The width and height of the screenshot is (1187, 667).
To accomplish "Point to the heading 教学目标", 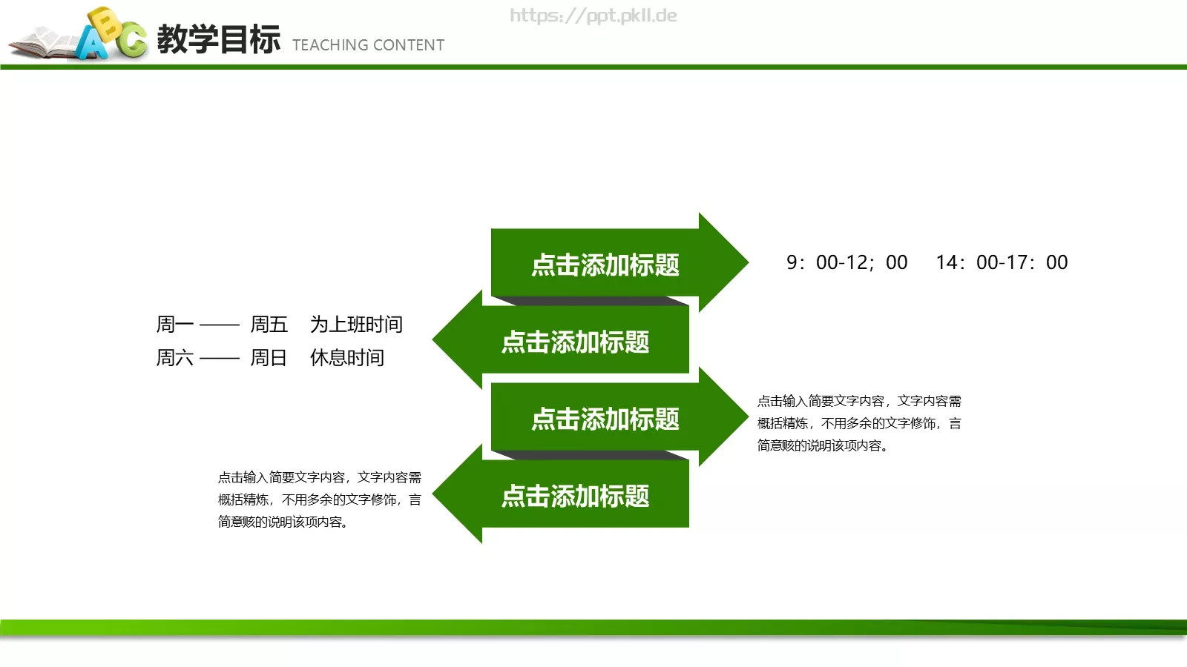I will pos(219,39).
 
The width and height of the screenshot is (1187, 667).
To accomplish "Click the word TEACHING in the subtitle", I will pos(330,45).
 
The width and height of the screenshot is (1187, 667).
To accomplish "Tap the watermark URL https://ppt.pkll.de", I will pos(593,16).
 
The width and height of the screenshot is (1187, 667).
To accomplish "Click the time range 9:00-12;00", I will pos(846,262).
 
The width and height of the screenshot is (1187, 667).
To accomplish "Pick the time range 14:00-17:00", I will pos(1002,262).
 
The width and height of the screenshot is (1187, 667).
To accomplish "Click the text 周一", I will pos(174,325).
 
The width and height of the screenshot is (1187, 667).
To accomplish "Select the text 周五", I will pos(269,325).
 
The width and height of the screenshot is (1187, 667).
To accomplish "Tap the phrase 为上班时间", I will pos(356,325).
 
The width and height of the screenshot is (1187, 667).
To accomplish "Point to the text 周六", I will pos(174,358).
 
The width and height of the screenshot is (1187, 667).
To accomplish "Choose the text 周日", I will pos(269,358).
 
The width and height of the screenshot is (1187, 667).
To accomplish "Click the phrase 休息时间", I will pos(347,358).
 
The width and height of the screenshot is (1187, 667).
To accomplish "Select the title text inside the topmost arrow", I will pos(605,265).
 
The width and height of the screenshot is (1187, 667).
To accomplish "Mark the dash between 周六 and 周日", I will pos(220,359).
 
